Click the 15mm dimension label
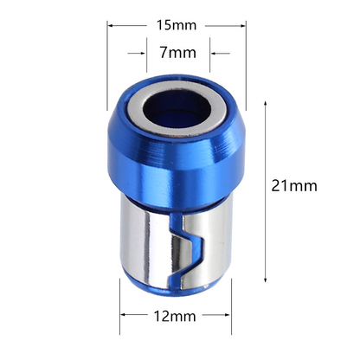pyautogui.click(x=177, y=25)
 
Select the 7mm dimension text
pyautogui.click(x=177, y=53)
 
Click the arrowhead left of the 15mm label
pyautogui.click(x=112, y=25)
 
